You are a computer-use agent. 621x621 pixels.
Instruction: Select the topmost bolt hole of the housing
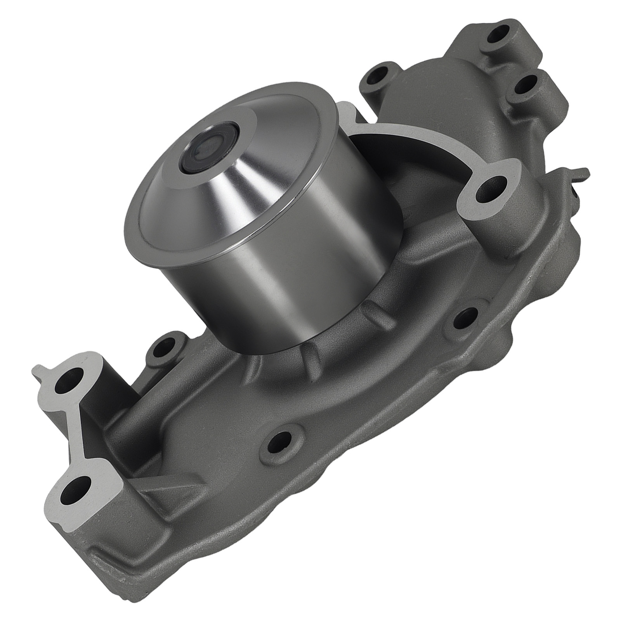coord(498,34)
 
